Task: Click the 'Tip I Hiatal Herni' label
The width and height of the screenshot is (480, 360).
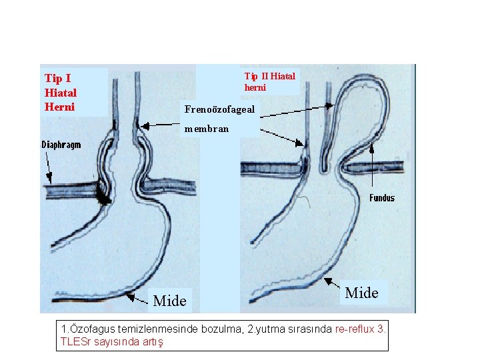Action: tap(61, 92)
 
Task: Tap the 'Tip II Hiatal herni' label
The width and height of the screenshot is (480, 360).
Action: tap(269, 81)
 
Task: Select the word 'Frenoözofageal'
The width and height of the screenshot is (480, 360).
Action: tap(219, 109)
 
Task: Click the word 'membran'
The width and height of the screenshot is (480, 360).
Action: tap(207, 128)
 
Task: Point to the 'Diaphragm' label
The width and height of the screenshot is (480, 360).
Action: tap(61, 145)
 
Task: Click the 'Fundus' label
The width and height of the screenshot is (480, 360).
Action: tap(382, 198)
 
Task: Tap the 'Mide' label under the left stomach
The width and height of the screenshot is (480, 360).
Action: tap(169, 301)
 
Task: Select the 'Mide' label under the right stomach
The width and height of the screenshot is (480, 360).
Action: tap(362, 293)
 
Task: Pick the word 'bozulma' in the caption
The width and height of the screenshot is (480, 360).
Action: tap(235, 329)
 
